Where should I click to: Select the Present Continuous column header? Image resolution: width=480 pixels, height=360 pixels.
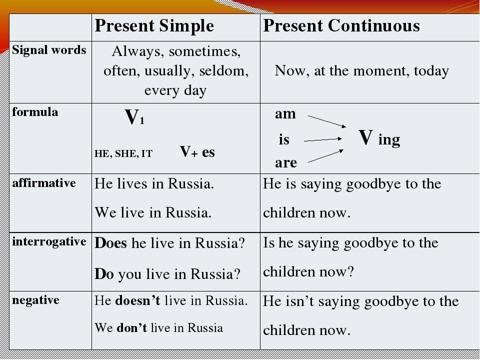[x=341, y=25]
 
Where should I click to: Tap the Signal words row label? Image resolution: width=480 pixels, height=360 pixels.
[x=49, y=50]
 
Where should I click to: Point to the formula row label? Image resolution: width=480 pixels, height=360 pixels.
[x=35, y=111]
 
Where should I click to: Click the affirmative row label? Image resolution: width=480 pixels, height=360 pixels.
[x=44, y=183]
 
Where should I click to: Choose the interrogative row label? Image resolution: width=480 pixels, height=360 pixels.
[x=49, y=241]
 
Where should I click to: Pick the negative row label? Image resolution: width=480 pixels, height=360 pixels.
[x=35, y=300]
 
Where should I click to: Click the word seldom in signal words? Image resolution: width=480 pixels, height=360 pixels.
[x=224, y=70]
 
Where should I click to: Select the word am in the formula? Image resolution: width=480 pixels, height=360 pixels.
[x=285, y=114]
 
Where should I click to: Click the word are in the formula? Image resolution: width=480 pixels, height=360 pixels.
[x=286, y=162]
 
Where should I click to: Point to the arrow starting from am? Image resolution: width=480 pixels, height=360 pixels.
[x=327, y=121]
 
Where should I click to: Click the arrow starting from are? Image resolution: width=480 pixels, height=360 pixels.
[x=325, y=156]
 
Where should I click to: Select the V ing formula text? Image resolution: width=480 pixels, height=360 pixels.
[x=379, y=138]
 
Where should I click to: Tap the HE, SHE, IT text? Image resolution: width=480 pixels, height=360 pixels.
[x=123, y=153]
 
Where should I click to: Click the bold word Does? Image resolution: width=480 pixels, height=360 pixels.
[x=111, y=243]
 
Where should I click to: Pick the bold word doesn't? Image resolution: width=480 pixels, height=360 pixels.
[x=138, y=300]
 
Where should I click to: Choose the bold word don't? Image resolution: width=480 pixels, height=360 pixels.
[x=131, y=328]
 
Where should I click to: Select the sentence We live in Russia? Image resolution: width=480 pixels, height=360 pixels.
[x=153, y=212]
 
